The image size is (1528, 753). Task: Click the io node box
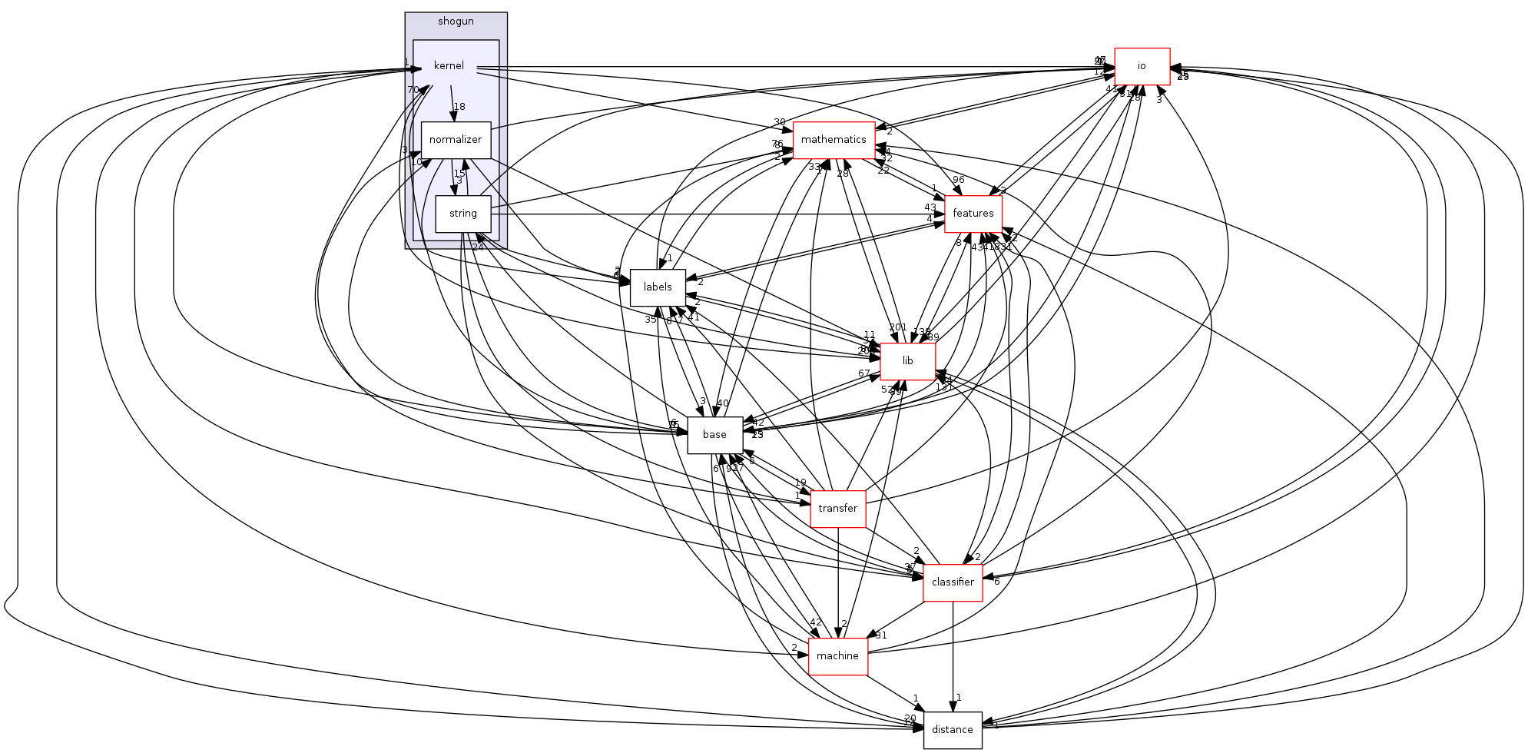[1142, 66]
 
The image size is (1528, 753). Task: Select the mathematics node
[834, 140]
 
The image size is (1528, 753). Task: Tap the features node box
[973, 213]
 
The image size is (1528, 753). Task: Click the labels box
[658, 287]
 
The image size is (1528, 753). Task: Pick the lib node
[907, 361]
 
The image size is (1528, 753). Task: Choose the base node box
[714, 435]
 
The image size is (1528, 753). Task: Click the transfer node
[837, 509]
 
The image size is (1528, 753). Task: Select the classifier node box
[953, 582]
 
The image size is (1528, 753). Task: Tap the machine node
[837, 656]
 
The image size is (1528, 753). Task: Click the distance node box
[953, 729]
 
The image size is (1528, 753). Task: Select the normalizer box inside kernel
[456, 140]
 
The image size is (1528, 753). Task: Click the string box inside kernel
[463, 214]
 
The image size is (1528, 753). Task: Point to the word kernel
[449, 66]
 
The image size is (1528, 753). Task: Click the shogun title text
[456, 22]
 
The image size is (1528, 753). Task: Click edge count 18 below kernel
[459, 107]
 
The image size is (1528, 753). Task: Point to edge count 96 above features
[958, 180]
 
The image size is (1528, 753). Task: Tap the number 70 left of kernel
[413, 90]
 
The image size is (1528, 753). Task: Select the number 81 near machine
[881, 635]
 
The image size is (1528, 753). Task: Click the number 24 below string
[478, 247]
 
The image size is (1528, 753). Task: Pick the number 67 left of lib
[864, 373]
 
